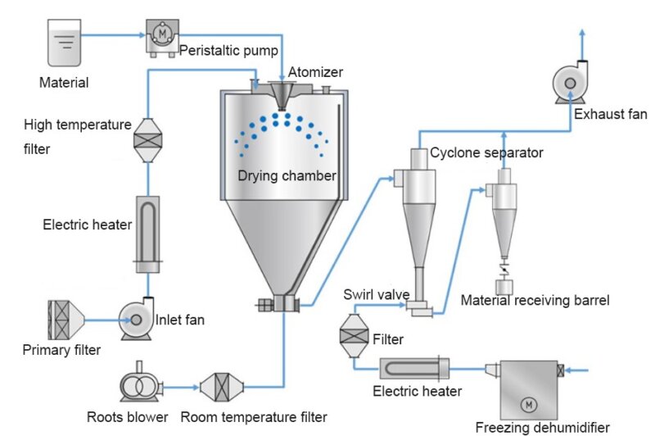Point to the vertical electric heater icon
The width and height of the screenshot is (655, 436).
point(147,234)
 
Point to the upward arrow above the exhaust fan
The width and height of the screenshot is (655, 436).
point(582,33)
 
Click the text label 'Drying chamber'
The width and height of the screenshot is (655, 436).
point(287,175)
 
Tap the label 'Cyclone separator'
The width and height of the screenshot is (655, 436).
point(486,152)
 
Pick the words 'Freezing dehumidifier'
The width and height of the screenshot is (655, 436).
point(543,427)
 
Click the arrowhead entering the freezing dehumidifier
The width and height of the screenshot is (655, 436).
point(572,370)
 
